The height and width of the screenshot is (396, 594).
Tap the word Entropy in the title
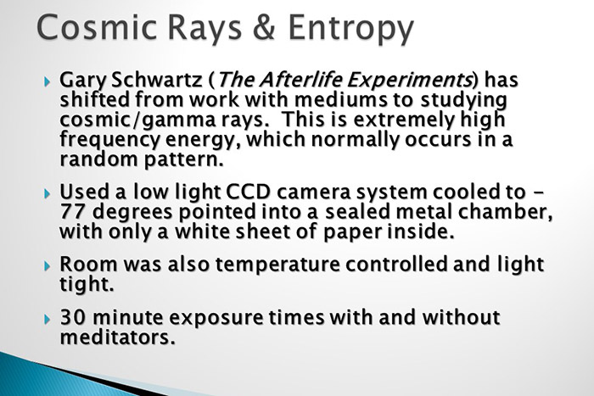(350, 31)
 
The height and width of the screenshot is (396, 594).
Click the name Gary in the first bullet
(82, 81)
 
